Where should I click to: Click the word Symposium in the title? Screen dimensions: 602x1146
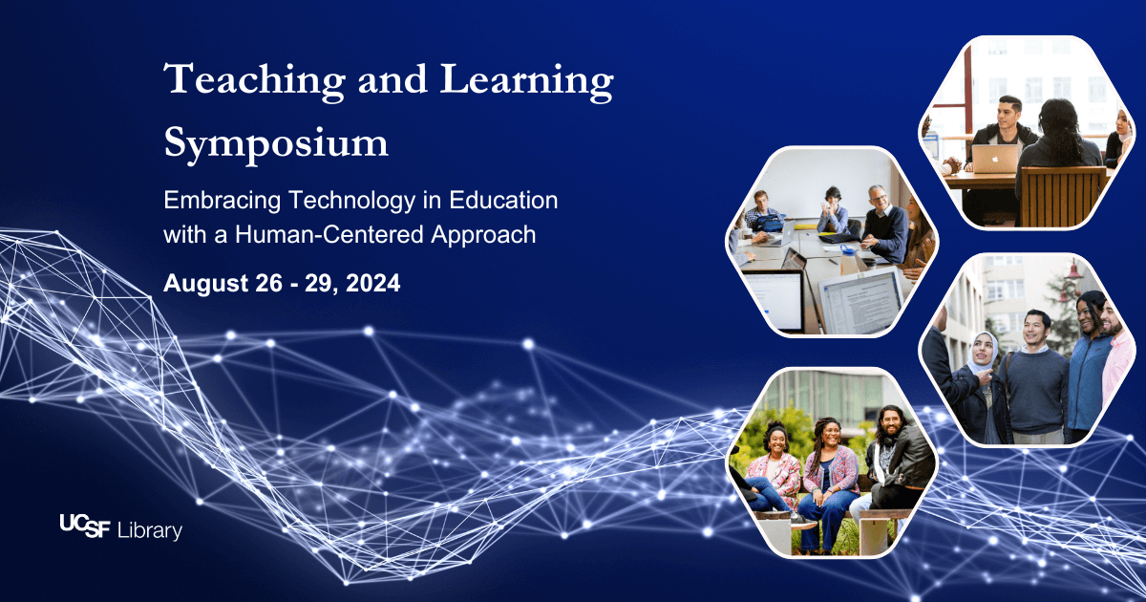(x=276, y=144)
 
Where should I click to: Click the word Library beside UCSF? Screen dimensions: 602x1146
(x=149, y=530)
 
